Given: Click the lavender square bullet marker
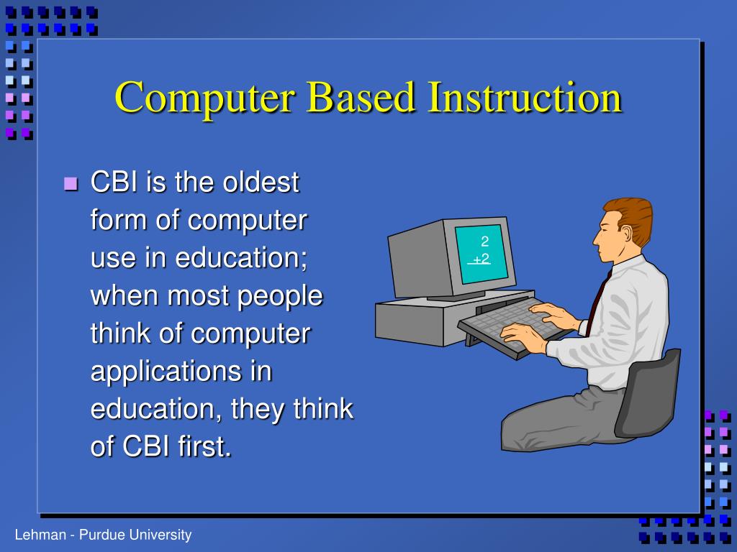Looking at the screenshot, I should [70, 183].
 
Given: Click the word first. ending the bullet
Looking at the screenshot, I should [200, 447].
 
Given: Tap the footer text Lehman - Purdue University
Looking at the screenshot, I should [104, 535].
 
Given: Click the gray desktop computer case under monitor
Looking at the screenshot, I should [417, 320].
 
